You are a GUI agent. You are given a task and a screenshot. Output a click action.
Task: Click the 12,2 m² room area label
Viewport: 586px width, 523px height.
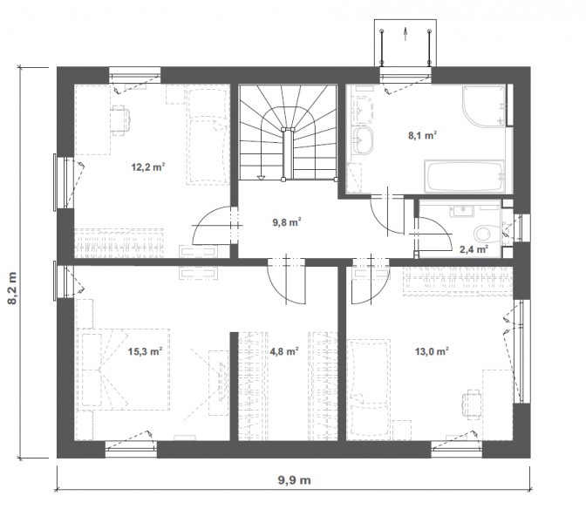click(x=148, y=167)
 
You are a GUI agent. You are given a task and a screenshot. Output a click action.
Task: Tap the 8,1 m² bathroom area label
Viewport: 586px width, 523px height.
click(x=422, y=135)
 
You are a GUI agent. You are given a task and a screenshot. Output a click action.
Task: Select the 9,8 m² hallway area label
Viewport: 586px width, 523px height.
click(x=287, y=222)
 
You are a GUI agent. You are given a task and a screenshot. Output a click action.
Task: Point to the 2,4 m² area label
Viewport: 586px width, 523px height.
click(x=474, y=249)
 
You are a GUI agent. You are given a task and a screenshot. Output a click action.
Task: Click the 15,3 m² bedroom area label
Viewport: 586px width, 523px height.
click(x=145, y=351)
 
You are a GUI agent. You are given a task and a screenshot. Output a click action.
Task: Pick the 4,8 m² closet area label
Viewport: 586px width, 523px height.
click(x=284, y=351)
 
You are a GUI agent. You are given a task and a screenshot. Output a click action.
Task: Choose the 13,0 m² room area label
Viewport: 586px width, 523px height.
click(x=432, y=351)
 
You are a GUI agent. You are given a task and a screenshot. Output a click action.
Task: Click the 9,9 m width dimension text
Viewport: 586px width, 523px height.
click(x=294, y=480)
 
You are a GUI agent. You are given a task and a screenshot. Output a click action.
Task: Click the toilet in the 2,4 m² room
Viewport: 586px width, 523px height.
click(x=483, y=234)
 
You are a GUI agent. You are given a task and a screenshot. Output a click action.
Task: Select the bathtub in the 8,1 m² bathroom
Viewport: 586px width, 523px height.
click(x=464, y=175)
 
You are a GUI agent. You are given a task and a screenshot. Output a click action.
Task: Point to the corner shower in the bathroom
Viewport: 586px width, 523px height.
click(x=484, y=106)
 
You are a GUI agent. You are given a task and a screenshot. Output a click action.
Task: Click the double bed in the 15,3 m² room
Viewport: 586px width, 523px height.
click(x=123, y=370)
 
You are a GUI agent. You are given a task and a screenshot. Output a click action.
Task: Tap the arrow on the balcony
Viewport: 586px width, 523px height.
click(x=405, y=34)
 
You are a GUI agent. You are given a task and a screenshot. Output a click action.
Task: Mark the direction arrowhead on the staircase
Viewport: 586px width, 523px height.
click(x=261, y=178)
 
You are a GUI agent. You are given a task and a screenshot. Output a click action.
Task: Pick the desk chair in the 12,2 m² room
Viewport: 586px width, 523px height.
click(x=120, y=120)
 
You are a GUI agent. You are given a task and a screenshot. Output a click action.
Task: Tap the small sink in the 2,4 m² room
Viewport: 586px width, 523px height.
click(x=462, y=210)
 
